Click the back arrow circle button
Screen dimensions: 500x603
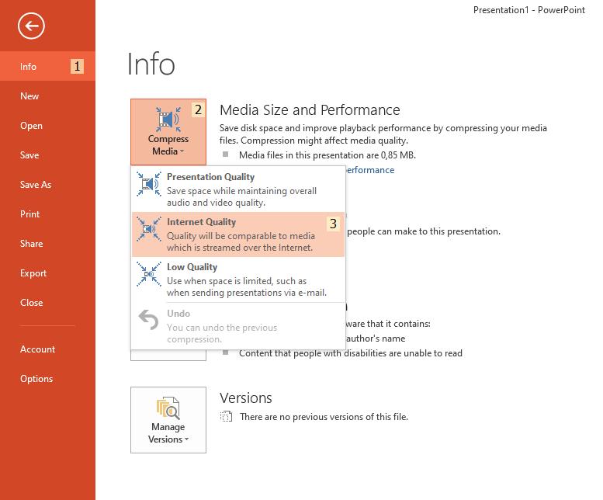[x=32, y=26]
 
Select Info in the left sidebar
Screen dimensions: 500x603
[x=29, y=67]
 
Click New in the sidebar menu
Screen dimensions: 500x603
[x=29, y=96]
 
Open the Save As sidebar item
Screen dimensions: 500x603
[x=36, y=185]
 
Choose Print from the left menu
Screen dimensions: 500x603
[x=30, y=214]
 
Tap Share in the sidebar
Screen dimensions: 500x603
[x=32, y=244]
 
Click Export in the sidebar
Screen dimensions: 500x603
[x=33, y=273]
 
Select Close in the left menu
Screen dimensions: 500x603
[x=32, y=303]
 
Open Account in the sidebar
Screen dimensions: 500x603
[x=38, y=349]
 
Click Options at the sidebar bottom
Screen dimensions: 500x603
[x=36, y=379]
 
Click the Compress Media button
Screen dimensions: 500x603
[x=168, y=131]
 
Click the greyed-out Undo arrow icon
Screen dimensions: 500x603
[x=148, y=320]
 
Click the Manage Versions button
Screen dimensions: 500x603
[x=168, y=419]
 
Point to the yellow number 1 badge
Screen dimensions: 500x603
[x=78, y=67]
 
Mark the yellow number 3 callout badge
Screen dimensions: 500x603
[x=334, y=224]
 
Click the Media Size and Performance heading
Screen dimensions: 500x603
[x=310, y=110]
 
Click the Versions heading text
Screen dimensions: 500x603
[x=245, y=398]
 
